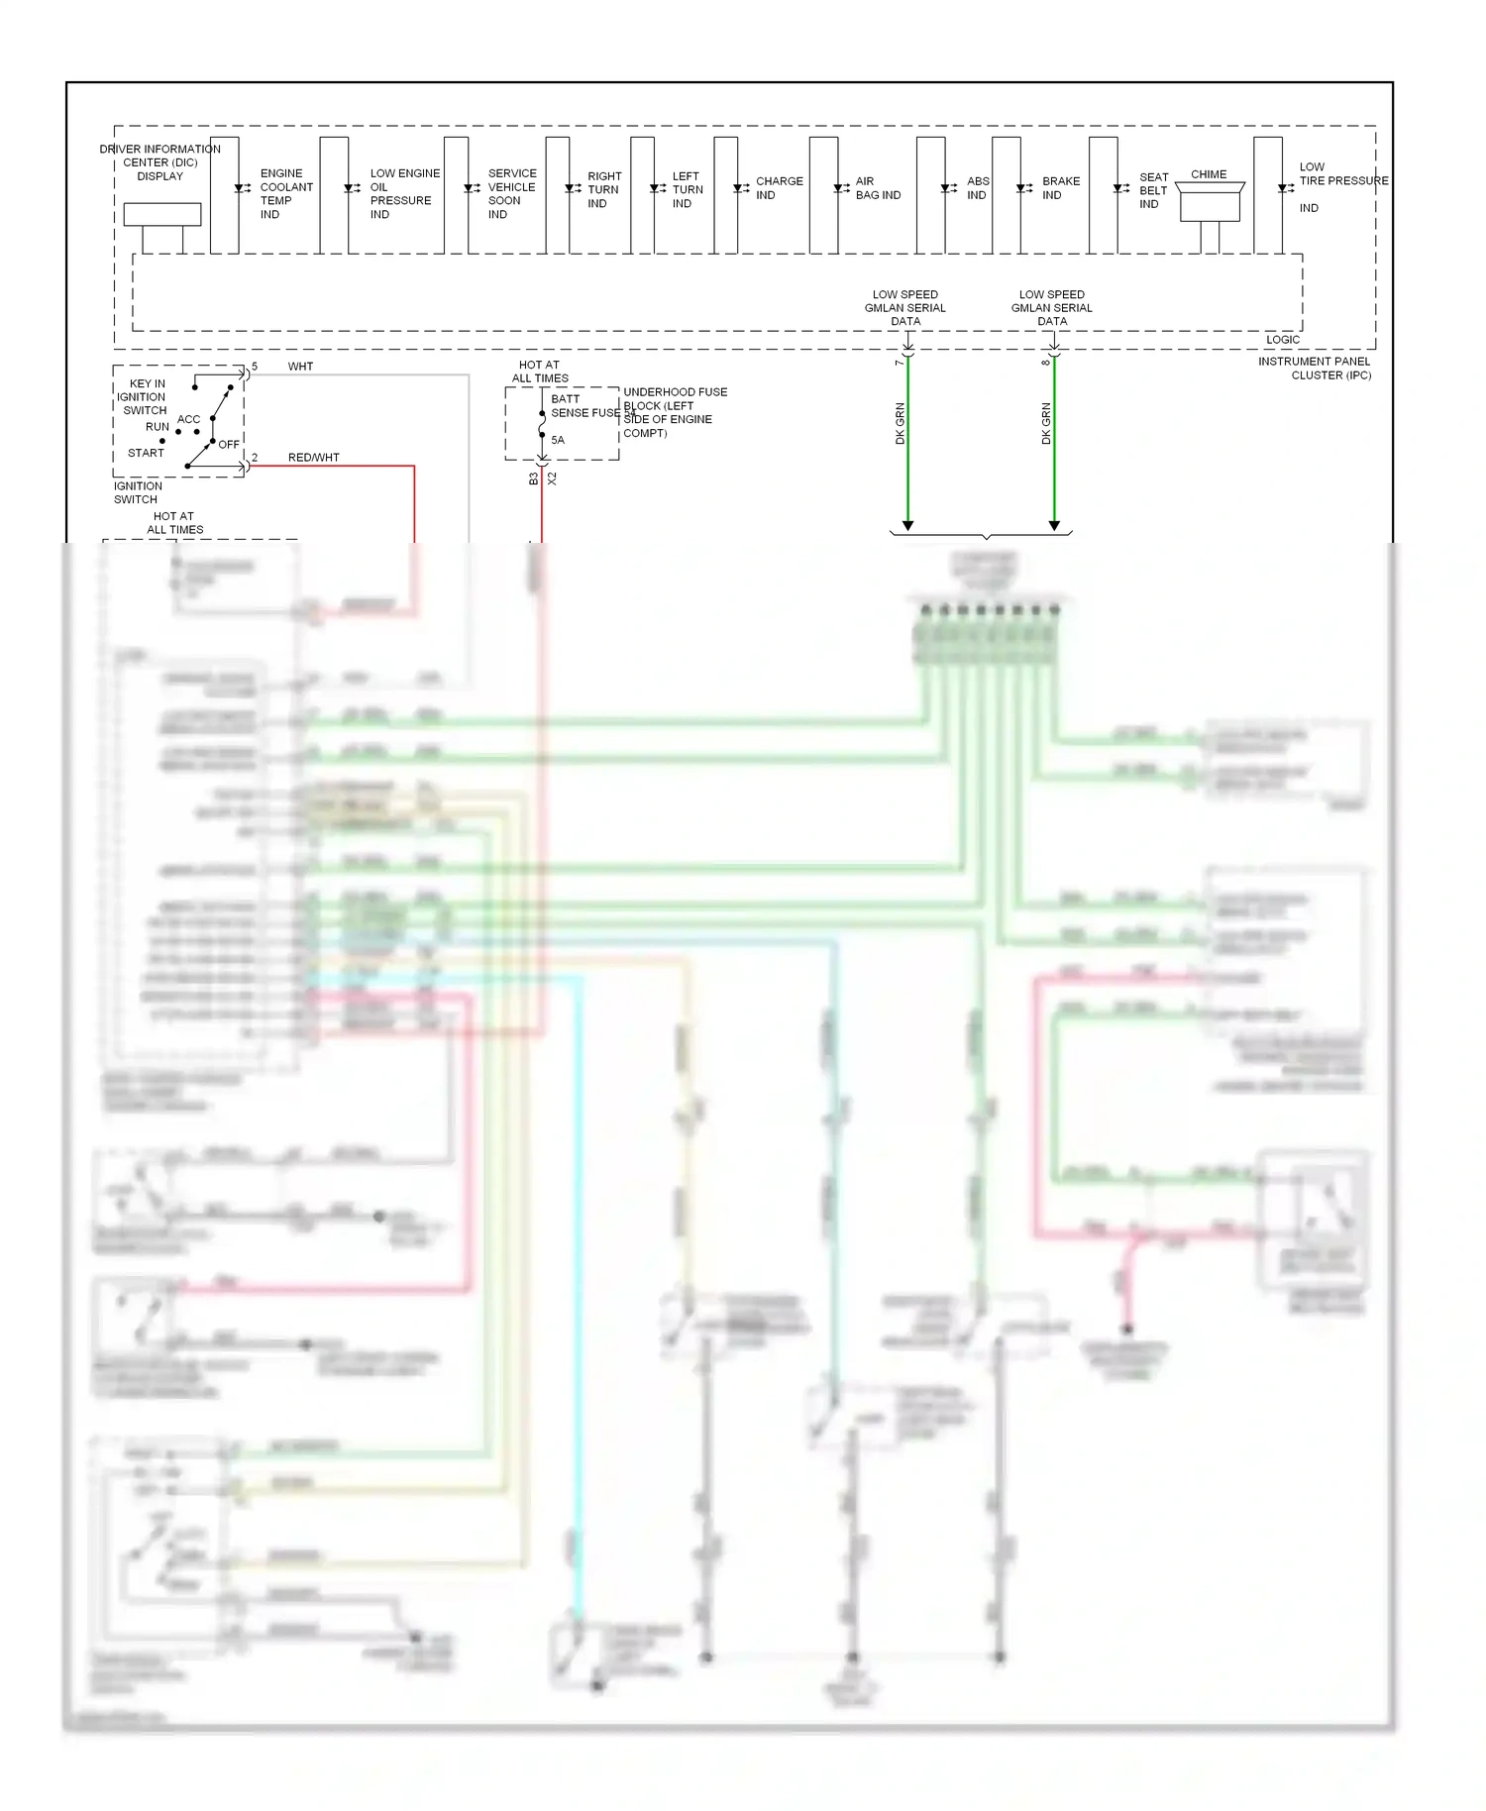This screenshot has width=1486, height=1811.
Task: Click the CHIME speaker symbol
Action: tap(1210, 201)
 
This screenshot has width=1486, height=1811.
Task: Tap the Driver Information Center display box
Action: tap(162, 214)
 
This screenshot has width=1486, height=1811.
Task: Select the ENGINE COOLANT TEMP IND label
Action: tap(285, 193)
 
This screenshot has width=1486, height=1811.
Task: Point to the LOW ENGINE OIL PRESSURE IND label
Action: tap(403, 193)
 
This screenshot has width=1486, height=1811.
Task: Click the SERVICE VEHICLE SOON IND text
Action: tap(511, 193)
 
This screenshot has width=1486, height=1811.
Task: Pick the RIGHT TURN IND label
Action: tap(603, 189)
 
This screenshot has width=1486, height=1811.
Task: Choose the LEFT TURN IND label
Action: tap(687, 189)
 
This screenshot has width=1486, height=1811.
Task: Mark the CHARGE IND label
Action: tap(779, 188)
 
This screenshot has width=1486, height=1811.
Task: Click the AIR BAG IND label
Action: tap(877, 188)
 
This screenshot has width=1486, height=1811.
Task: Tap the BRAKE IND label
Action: tap(1060, 188)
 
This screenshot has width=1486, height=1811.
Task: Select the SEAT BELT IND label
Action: tap(1153, 190)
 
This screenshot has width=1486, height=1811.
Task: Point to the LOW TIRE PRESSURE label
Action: tap(1341, 174)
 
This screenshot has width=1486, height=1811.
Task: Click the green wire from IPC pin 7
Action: tap(907, 446)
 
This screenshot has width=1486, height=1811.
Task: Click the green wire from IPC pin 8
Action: tap(1054, 446)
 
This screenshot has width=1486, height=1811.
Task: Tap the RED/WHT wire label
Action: tap(313, 458)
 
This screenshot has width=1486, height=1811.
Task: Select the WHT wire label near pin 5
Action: tap(300, 367)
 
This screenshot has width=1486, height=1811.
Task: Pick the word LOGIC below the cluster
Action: tap(1282, 340)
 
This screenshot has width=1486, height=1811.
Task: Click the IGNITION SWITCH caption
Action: tap(138, 492)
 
